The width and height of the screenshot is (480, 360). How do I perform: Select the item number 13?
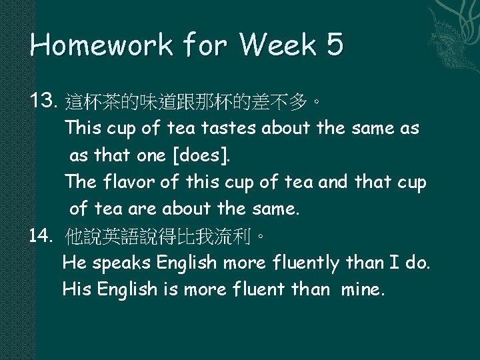click(x=45, y=101)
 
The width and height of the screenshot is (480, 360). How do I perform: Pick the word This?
click(x=82, y=128)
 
